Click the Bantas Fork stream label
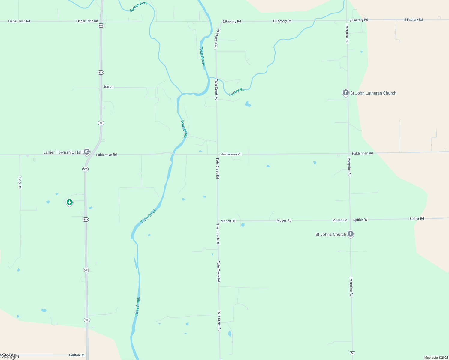coord(138,7)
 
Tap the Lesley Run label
coord(238,92)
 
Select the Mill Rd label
coord(108,87)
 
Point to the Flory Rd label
coord(20,182)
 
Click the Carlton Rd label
coord(77,355)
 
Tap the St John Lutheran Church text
coord(373,93)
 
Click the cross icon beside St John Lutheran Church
coord(345,93)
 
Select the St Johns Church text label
coord(330,234)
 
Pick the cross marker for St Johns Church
coord(350,234)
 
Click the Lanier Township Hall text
coord(62,152)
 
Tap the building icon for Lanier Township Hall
coord(87,152)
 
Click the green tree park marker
coord(70,202)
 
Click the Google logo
coord(10,356)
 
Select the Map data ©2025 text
coord(436,358)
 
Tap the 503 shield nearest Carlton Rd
coord(87,320)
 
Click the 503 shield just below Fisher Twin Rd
coord(101,25)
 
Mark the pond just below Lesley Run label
coord(248,104)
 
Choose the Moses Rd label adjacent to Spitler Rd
coord(339,220)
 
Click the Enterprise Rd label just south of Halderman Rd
coord(349,166)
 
